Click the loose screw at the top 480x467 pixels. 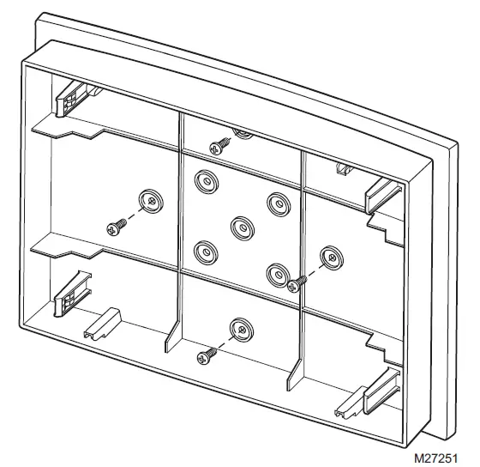click(x=219, y=147)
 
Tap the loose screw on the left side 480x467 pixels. click(x=116, y=227)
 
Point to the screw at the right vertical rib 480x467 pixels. click(x=296, y=282)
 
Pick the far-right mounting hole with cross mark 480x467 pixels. click(x=330, y=256)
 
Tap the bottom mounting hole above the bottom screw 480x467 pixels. click(x=240, y=328)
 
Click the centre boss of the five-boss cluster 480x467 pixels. click(x=241, y=227)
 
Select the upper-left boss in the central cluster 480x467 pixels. click(x=204, y=180)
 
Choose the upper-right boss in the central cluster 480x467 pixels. click(x=277, y=204)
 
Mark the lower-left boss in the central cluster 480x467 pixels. click(x=204, y=252)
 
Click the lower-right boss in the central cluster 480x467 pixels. click(x=277, y=275)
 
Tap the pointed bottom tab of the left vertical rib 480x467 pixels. click(x=171, y=339)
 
